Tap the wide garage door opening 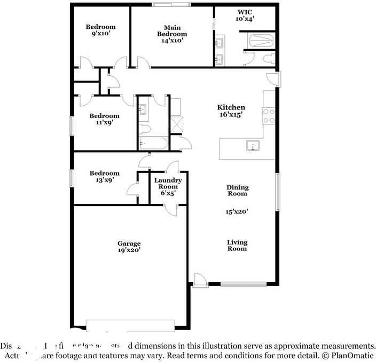(130, 324)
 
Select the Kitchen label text (231, 107)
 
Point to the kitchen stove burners (268, 116)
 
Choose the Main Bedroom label (172, 34)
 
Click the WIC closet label (245, 11)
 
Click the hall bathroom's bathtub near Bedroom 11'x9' (153, 143)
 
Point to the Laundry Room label (168, 184)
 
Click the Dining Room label (237, 191)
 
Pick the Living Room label (237, 246)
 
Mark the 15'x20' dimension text (237, 211)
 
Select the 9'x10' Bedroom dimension (101, 34)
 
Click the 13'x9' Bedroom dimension (104, 180)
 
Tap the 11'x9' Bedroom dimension (104, 122)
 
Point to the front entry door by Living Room (200, 280)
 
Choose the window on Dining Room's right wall (277, 192)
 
